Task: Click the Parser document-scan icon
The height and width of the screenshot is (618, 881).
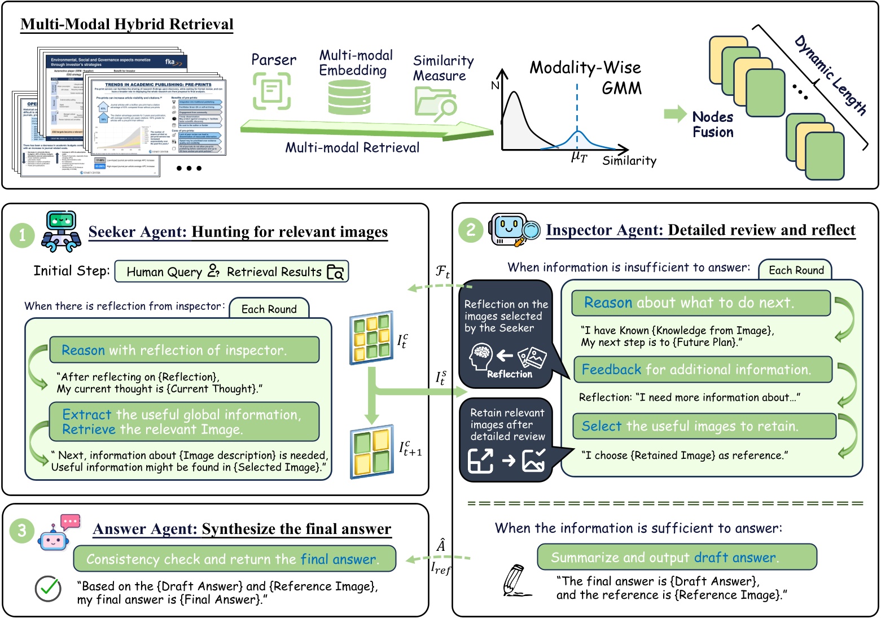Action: click(x=271, y=91)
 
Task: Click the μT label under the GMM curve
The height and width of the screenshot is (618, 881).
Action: click(x=578, y=157)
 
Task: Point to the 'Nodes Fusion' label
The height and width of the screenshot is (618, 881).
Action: click(x=713, y=125)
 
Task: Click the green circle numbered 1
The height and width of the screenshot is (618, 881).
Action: click(x=23, y=234)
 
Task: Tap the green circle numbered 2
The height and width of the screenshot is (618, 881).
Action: click(x=471, y=230)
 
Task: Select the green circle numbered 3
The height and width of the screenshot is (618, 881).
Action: click(x=22, y=531)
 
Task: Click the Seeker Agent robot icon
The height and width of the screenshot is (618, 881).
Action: click(x=60, y=231)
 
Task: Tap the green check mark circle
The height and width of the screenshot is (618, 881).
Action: click(x=48, y=589)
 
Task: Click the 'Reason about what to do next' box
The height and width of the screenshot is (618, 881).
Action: click(x=700, y=303)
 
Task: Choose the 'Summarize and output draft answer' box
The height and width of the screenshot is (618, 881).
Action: click(x=677, y=558)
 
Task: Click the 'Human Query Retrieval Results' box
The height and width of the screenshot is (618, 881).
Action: click(x=231, y=271)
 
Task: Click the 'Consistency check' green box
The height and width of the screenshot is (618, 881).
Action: click(x=234, y=559)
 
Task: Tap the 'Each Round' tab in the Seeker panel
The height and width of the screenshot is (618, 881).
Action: click(x=269, y=309)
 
